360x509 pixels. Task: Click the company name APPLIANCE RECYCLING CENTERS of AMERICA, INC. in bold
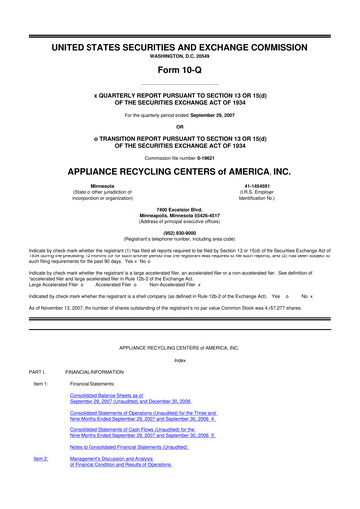point(179,169)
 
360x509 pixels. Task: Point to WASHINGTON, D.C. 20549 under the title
point(179,57)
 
